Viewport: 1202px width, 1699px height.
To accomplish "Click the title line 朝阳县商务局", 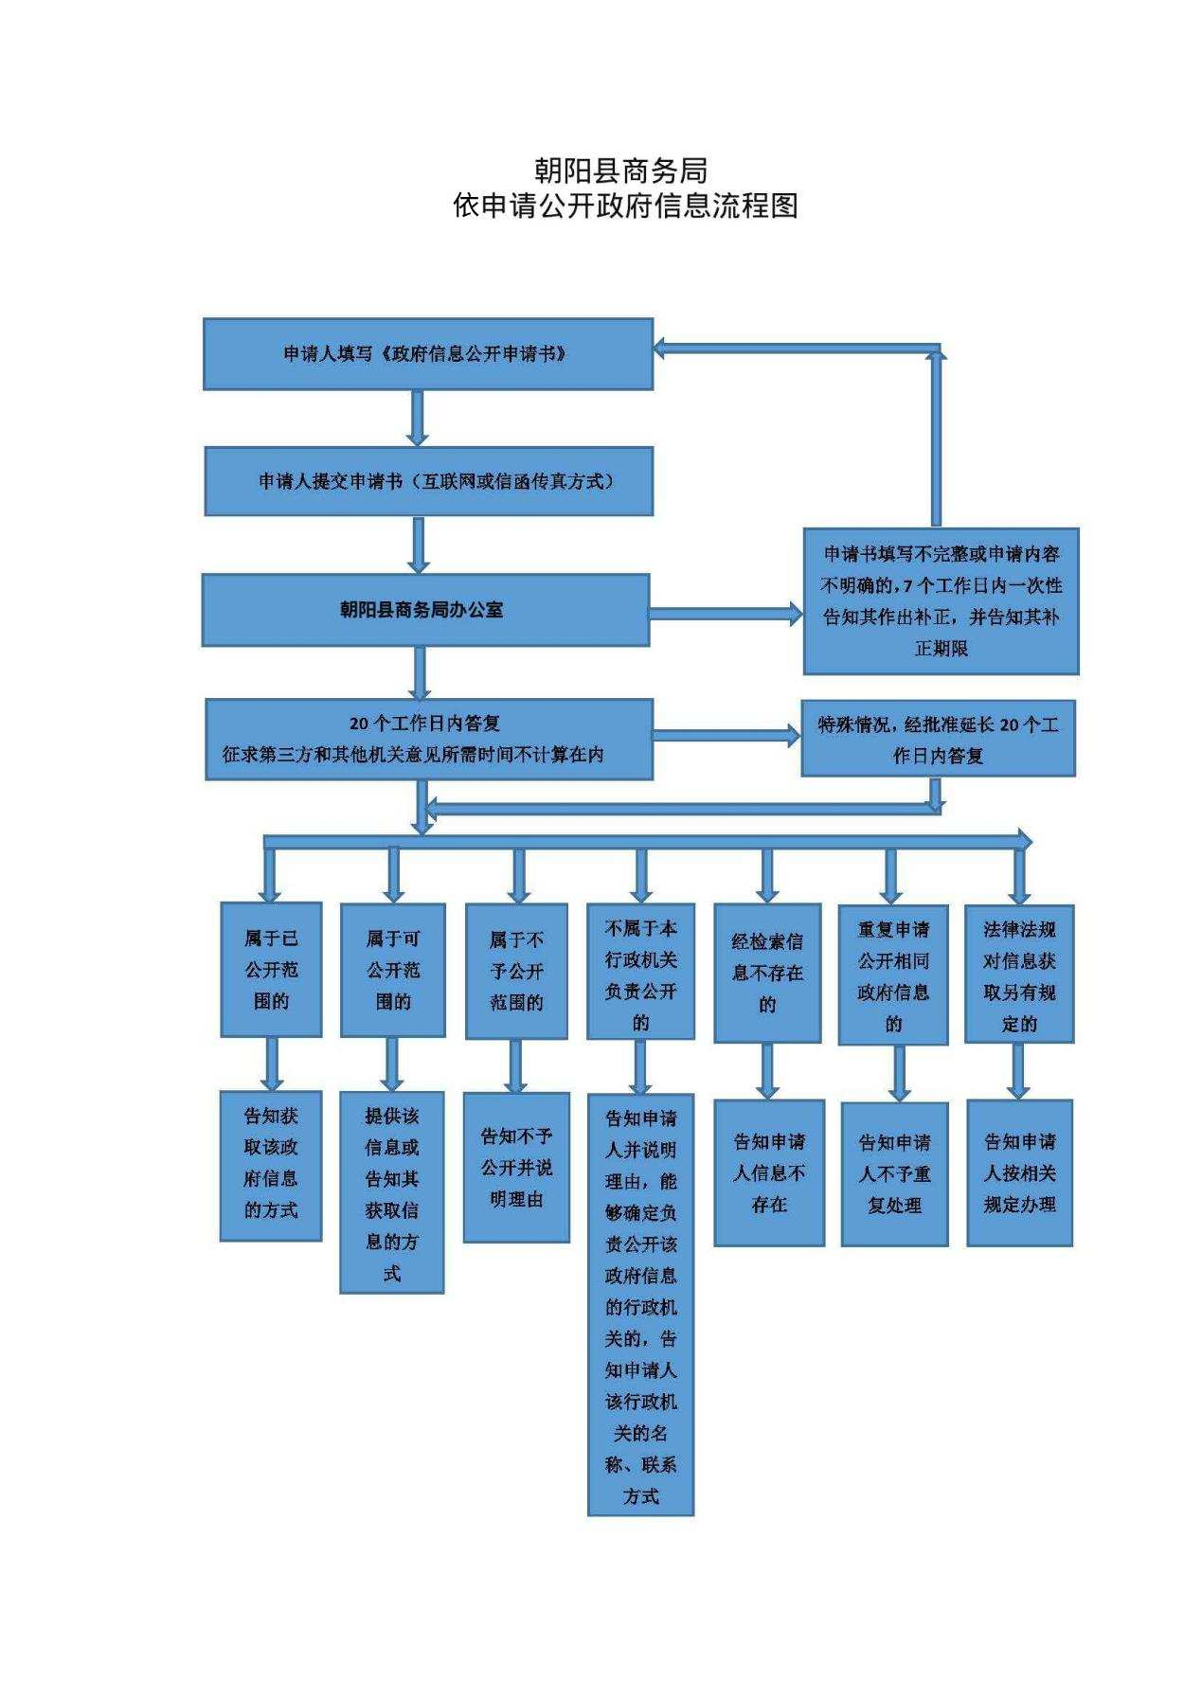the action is coord(620,170).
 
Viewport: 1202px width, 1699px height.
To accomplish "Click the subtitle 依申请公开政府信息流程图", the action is coord(625,206).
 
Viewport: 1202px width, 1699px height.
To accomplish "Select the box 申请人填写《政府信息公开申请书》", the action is coord(428,354).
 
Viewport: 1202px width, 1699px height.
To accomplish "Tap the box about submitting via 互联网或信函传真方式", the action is coord(429,481).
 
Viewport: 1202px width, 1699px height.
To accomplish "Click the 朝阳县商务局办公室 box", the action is coord(426,610).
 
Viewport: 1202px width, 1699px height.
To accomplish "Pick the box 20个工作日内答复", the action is coord(429,739).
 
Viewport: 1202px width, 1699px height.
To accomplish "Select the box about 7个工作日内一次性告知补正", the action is coord(942,601).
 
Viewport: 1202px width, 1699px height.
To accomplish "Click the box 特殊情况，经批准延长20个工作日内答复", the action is coord(939,739).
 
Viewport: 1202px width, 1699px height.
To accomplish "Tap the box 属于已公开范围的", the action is coord(271,969).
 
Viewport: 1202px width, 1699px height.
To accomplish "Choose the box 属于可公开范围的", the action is coord(393,970).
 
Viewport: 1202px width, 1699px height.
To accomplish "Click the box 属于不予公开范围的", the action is coord(516,971).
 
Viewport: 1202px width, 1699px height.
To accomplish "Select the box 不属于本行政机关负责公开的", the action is coord(641,972).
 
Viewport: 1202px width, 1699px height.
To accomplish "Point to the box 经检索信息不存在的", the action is coord(767,974).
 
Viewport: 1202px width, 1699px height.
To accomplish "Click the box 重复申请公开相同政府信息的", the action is coord(893,975).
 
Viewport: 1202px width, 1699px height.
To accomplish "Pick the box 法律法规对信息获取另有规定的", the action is coord(1019,975).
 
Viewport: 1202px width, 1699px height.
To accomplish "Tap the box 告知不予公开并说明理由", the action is coord(516,1168).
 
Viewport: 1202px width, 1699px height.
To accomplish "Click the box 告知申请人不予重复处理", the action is coord(895,1174).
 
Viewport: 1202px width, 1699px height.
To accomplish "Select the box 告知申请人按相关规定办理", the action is coord(1019,1172).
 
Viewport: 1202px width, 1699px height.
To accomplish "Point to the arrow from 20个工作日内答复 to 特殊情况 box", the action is coord(727,735).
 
